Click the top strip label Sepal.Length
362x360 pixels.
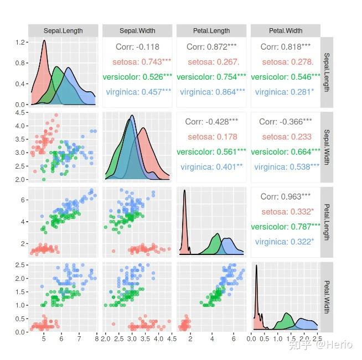[x=63, y=31]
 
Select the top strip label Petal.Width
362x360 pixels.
[x=285, y=31]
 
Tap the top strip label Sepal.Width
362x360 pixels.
[x=137, y=31]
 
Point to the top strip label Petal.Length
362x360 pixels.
[x=211, y=31]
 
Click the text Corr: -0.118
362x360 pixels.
[x=137, y=47]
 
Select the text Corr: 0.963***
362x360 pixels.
[x=285, y=196]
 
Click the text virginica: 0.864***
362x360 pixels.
[x=212, y=92]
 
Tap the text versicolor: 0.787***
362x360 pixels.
[x=286, y=226]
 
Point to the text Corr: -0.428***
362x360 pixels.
[x=211, y=122]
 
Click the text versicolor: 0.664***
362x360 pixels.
[x=286, y=152]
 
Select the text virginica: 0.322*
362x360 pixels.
[x=285, y=241]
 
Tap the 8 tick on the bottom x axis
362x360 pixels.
[x=97, y=339]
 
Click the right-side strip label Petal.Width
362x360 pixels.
[x=327, y=296]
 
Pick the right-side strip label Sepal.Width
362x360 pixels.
[x=327, y=147]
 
